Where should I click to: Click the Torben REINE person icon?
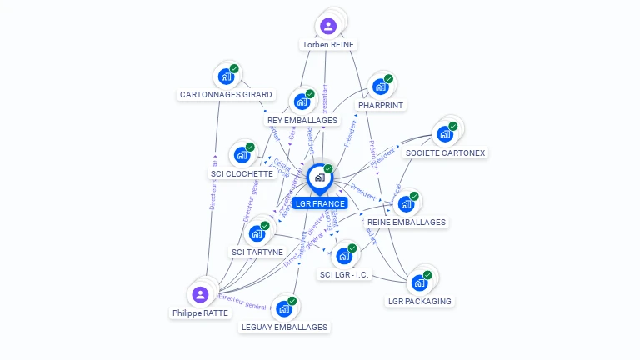328,26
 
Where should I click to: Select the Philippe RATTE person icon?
200,294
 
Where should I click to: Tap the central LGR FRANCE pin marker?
319,177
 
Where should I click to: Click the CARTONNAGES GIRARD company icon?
226,77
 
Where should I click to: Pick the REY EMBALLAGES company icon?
302,102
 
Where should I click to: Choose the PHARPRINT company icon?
380,87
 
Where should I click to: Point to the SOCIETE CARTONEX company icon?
444,134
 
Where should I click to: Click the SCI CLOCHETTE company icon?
242,155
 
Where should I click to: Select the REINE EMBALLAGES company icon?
406,204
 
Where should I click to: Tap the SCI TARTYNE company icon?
257,233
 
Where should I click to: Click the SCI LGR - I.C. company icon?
343,256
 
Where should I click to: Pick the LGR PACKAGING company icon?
419,282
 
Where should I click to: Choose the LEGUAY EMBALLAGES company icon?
283,308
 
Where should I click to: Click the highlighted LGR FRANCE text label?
319,203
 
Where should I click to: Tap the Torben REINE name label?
328,44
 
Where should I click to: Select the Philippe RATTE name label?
200,313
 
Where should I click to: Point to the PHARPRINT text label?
380,106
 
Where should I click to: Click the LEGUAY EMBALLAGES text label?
283,327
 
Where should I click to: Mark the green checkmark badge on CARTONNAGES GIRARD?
234,69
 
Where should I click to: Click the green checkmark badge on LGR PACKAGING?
427,274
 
